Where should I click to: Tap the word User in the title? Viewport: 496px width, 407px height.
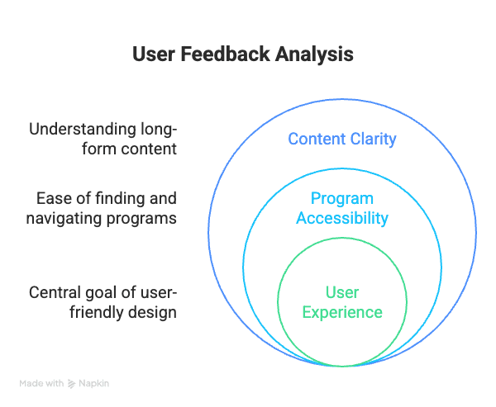[152, 54]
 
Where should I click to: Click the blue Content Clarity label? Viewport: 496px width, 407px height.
[341, 139]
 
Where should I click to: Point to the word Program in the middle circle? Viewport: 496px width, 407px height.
[341, 199]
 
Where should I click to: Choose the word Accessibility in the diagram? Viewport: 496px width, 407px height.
[341, 219]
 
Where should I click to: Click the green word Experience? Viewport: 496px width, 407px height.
[341, 312]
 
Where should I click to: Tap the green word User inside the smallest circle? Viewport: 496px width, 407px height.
[341, 292]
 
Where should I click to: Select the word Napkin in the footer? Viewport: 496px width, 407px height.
[95, 383]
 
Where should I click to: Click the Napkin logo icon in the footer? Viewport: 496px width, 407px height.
[72, 383]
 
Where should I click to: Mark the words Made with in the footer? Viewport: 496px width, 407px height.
[42, 383]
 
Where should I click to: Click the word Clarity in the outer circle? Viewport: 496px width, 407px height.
[373, 139]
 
